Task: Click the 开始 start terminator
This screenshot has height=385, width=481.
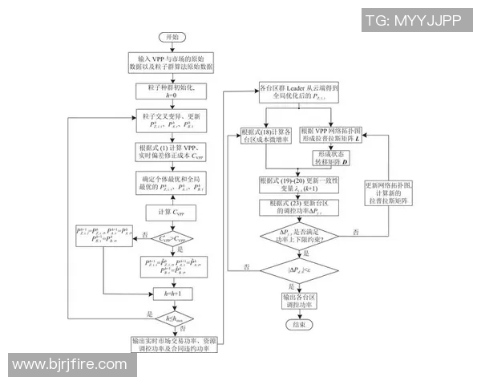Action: tap(172, 38)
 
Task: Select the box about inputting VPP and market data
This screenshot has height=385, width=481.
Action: tap(172, 63)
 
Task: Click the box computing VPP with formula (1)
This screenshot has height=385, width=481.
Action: tap(172, 152)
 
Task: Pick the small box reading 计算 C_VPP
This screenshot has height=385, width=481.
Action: tap(172, 211)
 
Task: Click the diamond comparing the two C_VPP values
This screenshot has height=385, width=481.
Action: tap(172, 237)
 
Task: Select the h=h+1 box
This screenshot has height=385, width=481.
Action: tap(172, 294)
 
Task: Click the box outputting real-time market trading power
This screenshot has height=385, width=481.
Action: tap(172, 346)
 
